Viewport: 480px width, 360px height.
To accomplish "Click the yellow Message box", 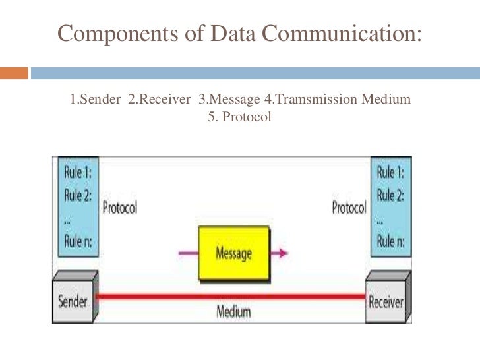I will [x=234, y=253].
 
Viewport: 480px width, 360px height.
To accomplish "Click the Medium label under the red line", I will [x=235, y=312].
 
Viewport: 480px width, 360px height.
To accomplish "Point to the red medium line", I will [x=231, y=297].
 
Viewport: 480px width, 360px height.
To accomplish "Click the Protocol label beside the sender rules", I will [x=119, y=208].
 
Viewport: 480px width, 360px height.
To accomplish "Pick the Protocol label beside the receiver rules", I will [x=349, y=208].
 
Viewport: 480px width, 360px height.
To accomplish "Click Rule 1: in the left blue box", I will [x=78, y=173].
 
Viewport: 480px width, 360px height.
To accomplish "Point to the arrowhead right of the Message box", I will [x=282, y=253].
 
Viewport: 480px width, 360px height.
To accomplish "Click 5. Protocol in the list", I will [x=239, y=118].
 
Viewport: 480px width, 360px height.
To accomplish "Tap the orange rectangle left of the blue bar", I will [x=14, y=73].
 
